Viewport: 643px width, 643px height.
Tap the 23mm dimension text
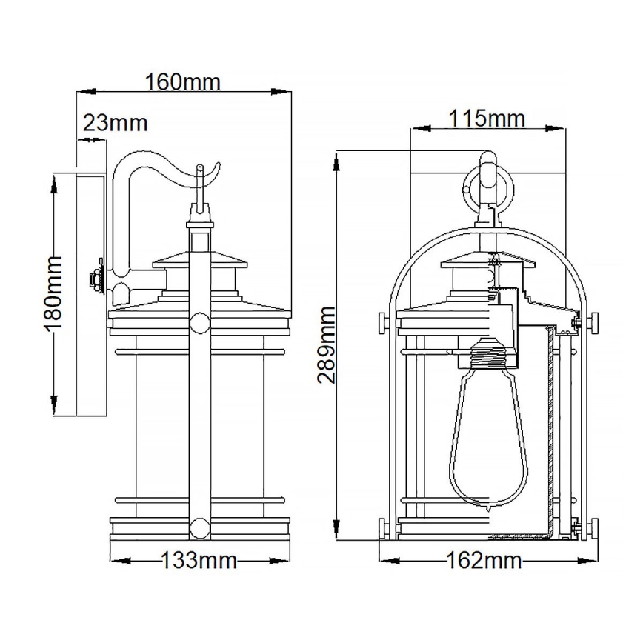tap(116, 123)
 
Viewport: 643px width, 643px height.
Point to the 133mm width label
tap(199, 561)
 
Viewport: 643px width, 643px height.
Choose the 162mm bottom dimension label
tap(485, 561)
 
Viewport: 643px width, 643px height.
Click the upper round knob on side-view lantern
tap(199, 322)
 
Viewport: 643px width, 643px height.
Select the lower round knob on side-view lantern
tap(199, 528)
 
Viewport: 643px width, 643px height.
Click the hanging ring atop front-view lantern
tap(486, 185)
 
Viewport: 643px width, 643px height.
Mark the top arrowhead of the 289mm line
tap(338, 156)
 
